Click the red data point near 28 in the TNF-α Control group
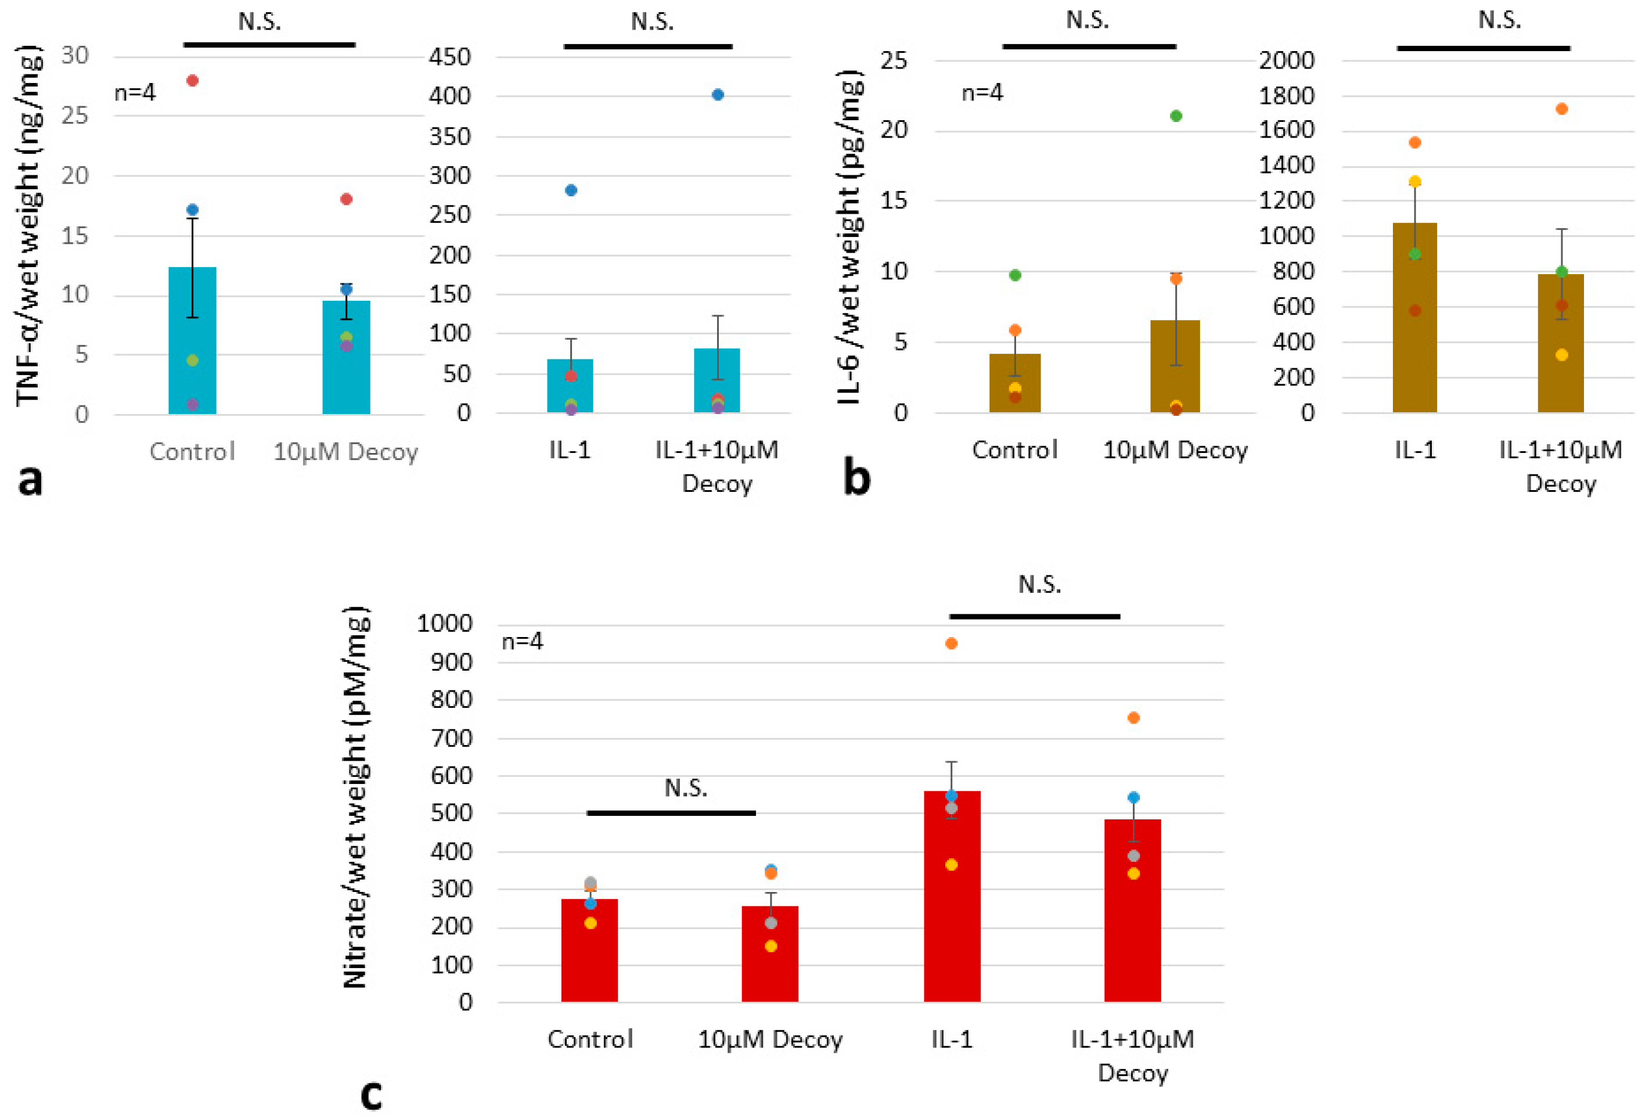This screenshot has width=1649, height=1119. pos(192,80)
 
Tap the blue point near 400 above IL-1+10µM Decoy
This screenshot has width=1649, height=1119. pos(717,95)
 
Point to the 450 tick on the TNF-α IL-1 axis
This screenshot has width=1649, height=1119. pos(449,57)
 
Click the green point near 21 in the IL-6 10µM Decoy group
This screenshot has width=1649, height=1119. pos(1176,116)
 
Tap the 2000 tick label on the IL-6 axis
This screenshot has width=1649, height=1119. pos(1287,60)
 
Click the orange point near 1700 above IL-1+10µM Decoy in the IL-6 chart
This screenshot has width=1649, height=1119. pos(1561,109)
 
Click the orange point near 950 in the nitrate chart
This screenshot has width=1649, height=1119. pos(952,643)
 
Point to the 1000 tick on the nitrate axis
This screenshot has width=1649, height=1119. pos(444,624)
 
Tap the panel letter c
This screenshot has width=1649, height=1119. pos(371,1094)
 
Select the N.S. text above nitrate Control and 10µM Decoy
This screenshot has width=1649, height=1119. pos(685,787)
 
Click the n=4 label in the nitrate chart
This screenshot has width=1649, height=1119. pos(522,642)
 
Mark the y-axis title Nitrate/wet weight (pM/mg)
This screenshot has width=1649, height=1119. pos(355,798)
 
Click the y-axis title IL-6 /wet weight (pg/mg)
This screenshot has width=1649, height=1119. pos(849,238)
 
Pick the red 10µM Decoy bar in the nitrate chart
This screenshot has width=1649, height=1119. pos(770,955)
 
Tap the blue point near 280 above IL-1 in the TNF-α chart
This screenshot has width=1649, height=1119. pos(571,190)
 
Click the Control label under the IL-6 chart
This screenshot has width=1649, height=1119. pos(1015,450)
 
